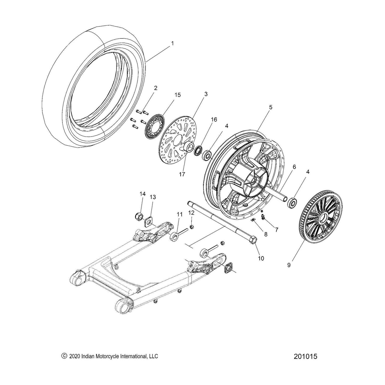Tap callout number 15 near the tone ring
tap(177, 95)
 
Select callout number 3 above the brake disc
tap(206, 94)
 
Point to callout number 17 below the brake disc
tap(182, 174)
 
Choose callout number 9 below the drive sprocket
tap(289, 265)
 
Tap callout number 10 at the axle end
tap(261, 258)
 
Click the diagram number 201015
tap(306, 356)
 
